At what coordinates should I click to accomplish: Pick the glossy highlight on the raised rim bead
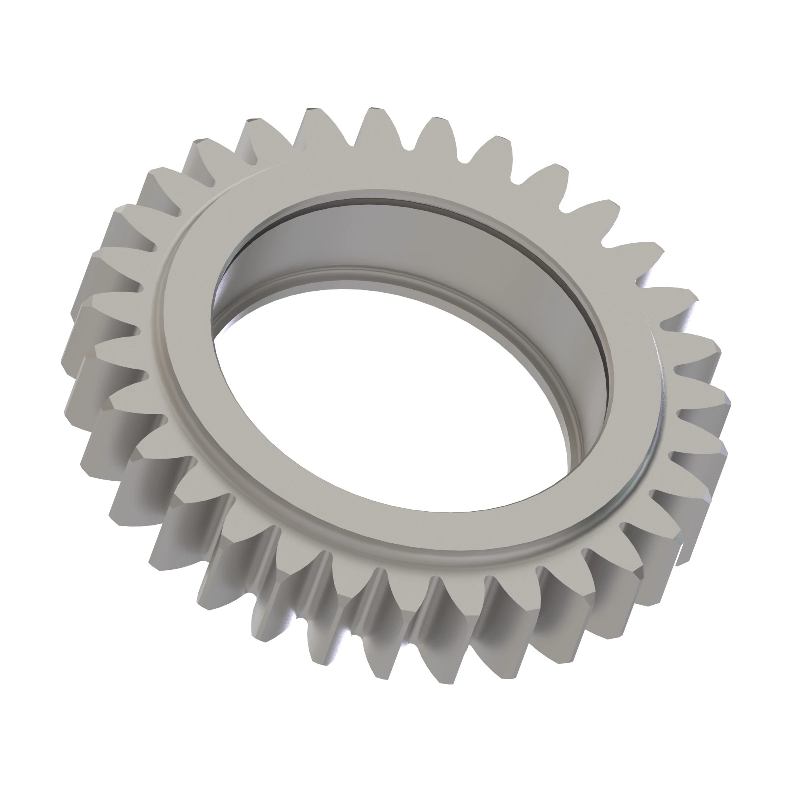[x=640, y=484]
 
